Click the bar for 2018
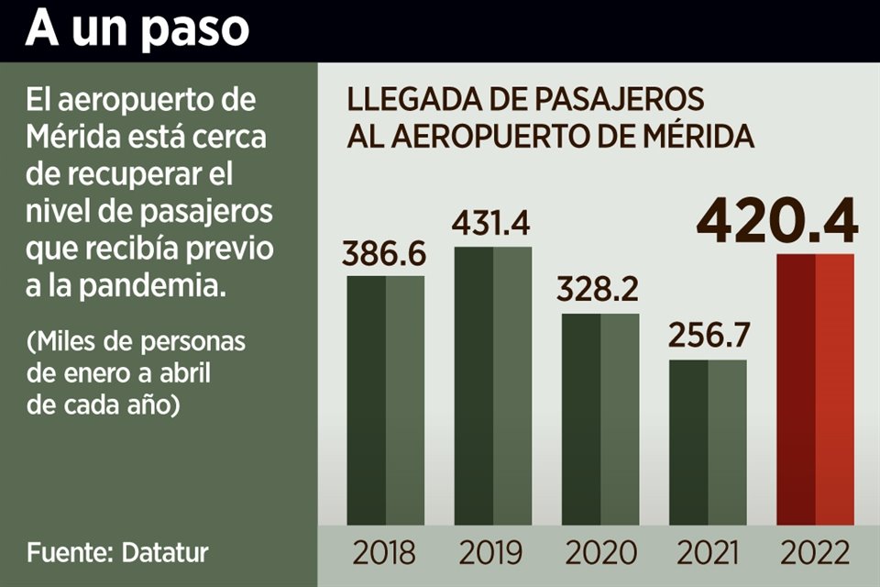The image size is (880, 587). [385, 400]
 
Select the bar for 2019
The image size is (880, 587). [493, 385]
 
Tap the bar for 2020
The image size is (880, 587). [600, 419]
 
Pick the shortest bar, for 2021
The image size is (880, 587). [708, 442]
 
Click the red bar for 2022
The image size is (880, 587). [815, 389]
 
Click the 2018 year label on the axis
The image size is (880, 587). [384, 552]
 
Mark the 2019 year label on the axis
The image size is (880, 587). [491, 552]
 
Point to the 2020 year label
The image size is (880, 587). [600, 552]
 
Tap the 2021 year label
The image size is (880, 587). [708, 552]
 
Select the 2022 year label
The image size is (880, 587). [815, 552]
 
